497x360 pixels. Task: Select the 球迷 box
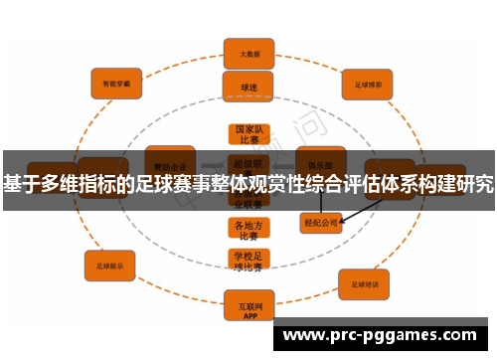pos(248,87)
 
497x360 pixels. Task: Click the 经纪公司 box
pos(322,223)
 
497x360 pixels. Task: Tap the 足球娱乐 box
pos(111,266)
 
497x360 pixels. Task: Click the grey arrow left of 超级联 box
pos(212,165)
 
